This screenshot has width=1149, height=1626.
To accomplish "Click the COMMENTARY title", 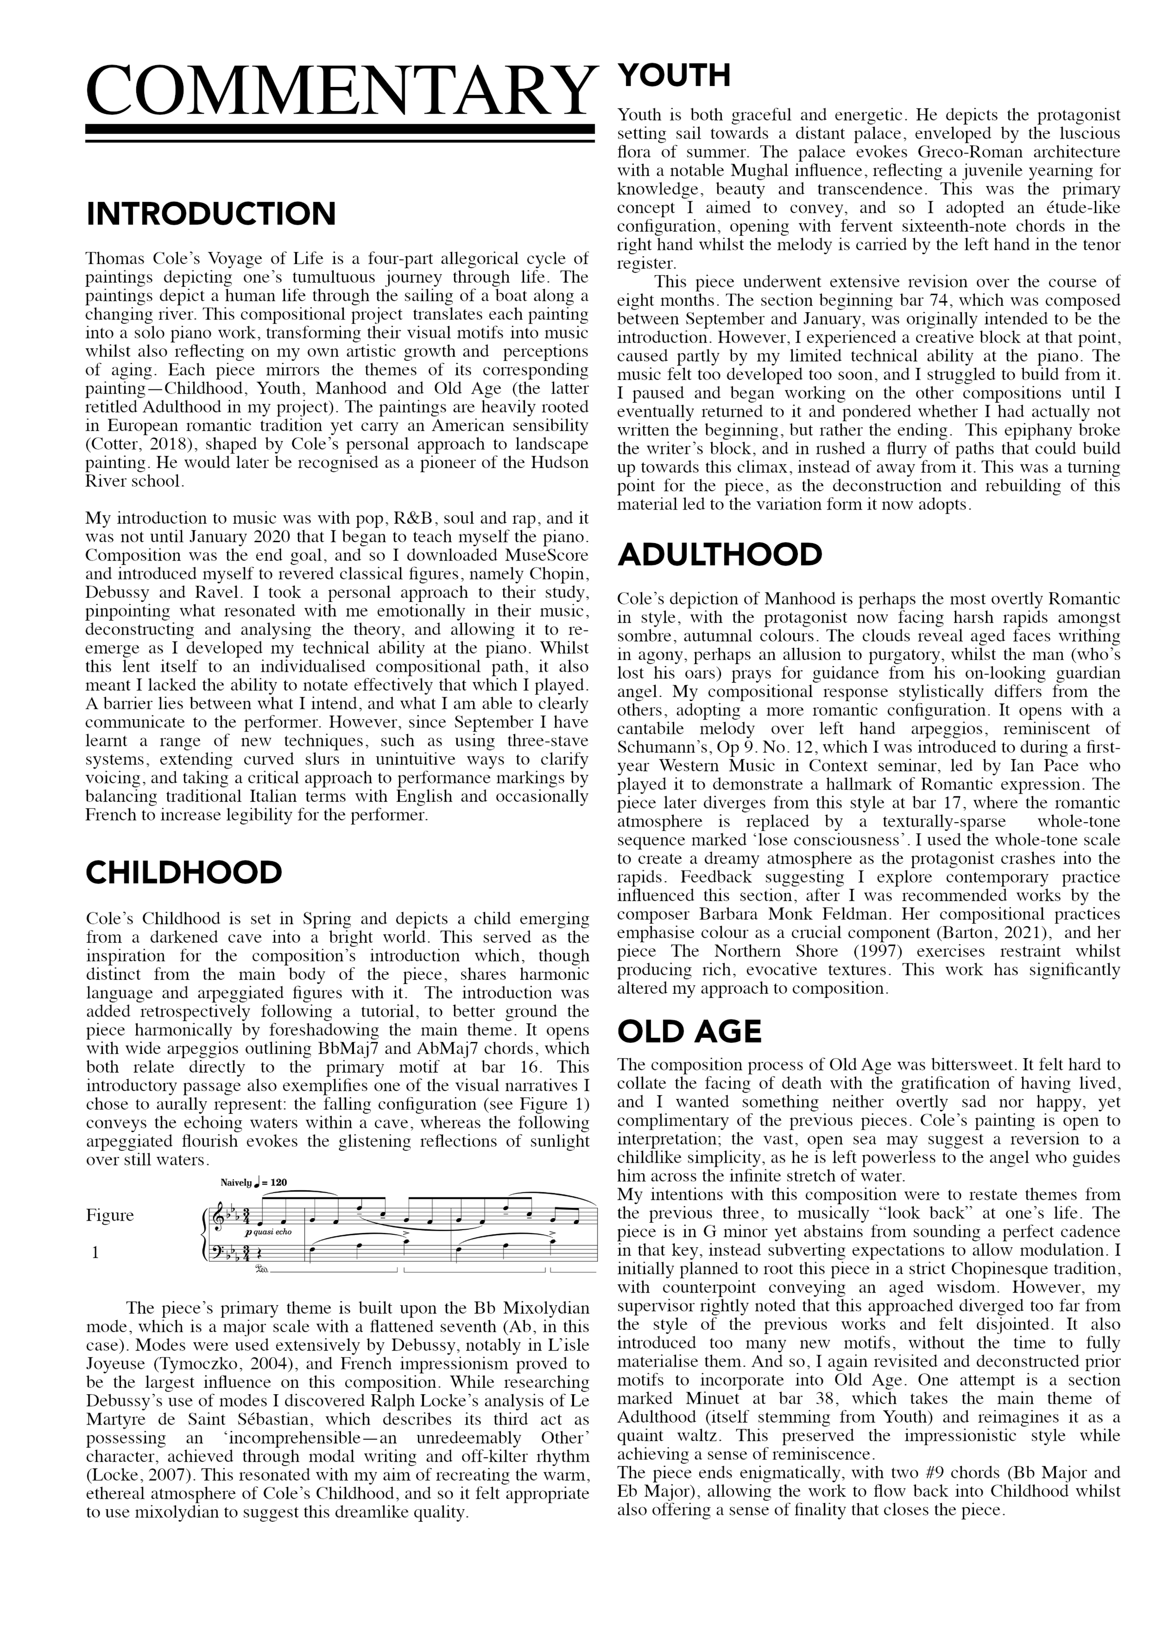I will [338, 92].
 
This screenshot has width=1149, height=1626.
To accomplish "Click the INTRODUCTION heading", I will [211, 214].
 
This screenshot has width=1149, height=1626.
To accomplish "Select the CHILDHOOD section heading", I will [184, 872].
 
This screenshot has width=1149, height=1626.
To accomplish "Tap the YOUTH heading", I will [674, 75].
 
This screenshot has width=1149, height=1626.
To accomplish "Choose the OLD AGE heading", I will [689, 1032].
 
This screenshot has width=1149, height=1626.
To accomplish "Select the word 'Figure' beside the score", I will [110, 1215].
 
